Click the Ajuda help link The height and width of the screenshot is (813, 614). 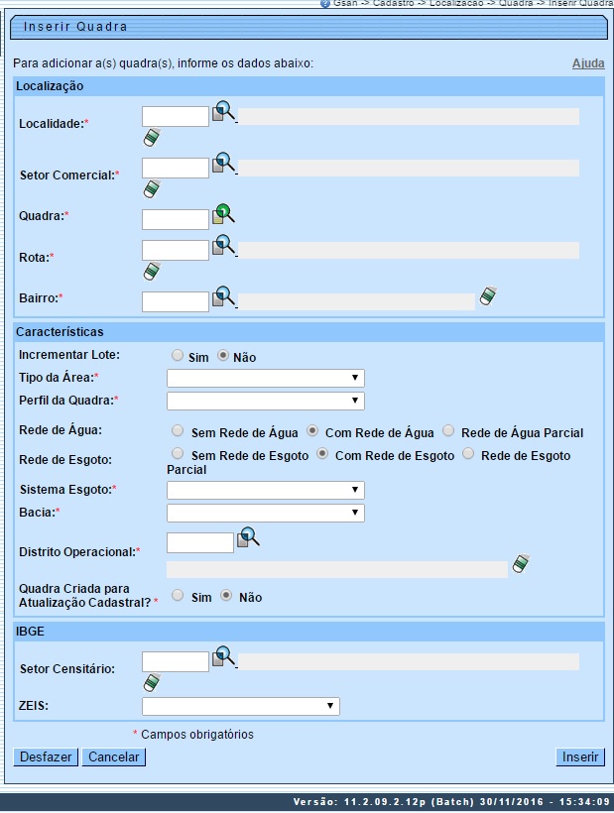coord(588,63)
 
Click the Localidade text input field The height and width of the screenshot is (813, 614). coord(176,116)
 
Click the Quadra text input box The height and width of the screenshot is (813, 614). coord(176,219)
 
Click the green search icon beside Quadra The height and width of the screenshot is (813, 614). coord(223,213)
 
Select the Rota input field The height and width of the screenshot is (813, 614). coord(176,250)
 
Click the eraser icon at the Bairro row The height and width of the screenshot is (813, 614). coord(488,295)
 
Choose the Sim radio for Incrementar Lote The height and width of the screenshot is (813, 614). coord(178,355)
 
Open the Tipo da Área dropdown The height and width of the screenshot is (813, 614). coord(265,379)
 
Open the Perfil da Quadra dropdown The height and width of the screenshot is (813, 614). coord(265,401)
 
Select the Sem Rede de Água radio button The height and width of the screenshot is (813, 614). coord(178,431)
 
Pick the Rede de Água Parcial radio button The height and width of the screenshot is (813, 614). coord(448,431)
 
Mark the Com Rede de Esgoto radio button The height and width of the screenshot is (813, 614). coord(322,454)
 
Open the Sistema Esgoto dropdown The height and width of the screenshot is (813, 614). coord(265,491)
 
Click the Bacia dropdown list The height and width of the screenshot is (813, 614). coord(265,513)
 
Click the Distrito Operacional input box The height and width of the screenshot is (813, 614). coord(200,542)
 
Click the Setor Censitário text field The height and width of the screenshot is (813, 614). coord(176,661)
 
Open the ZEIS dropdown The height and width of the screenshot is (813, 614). coord(240,706)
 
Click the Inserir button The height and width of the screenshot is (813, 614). coord(580,757)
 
